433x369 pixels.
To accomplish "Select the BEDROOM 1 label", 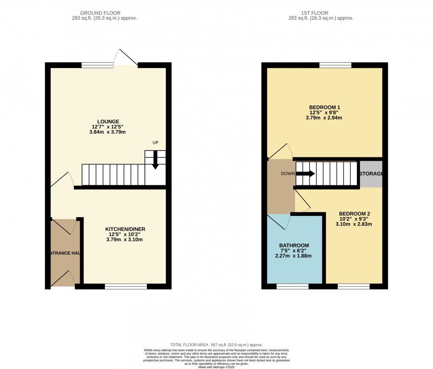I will (324, 107).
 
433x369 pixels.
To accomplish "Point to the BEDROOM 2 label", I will (354, 214).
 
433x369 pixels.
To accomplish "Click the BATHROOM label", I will (294, 246).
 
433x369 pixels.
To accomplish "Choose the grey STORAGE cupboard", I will (371, 174).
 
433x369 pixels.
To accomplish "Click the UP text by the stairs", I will (155, 143).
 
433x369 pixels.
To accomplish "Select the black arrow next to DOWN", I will (305, 173).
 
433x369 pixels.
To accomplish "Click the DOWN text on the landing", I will (287, 173).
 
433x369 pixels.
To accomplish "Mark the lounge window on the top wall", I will (98, 65).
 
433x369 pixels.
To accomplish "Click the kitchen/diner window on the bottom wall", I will (126, 287).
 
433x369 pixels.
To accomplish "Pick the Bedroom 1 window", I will (335, 65).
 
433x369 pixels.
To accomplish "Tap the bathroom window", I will (292, 287).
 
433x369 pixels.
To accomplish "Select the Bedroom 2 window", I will (353, 287).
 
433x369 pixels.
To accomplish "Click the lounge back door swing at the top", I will (126, 57).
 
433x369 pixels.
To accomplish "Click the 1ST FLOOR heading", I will (321, 13).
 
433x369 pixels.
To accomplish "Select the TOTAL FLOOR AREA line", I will (216, 345).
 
